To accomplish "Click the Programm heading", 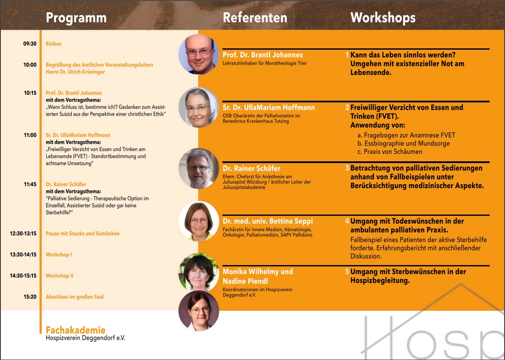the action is [x=76, y=18].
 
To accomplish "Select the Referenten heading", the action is [x=255, y=18].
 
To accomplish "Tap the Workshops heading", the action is [x=383, y=18].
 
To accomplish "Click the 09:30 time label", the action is [x=29, y=44].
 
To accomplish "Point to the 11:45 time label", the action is [x=30, y=185].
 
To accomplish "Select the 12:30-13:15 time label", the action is [x=23, y=233].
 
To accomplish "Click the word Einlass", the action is [x=54, y=44].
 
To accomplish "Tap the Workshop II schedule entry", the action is [x=60, y=276].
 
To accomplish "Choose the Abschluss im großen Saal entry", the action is [x=75, y=297].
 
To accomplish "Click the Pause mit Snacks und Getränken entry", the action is [x=83, y=233].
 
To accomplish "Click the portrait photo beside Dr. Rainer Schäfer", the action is [x=199, y=169].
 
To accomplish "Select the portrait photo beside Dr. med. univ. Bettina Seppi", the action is [x=199, y=221].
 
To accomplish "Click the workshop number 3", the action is [x=347, y=168].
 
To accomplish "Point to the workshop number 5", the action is [x=347, y=272].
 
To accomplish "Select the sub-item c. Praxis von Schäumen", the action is [x=390, y=152].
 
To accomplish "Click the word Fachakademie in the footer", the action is [x=76, y=330].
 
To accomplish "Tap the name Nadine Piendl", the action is [x=245, y=281].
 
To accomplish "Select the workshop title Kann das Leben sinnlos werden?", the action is [x=403, y=55].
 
